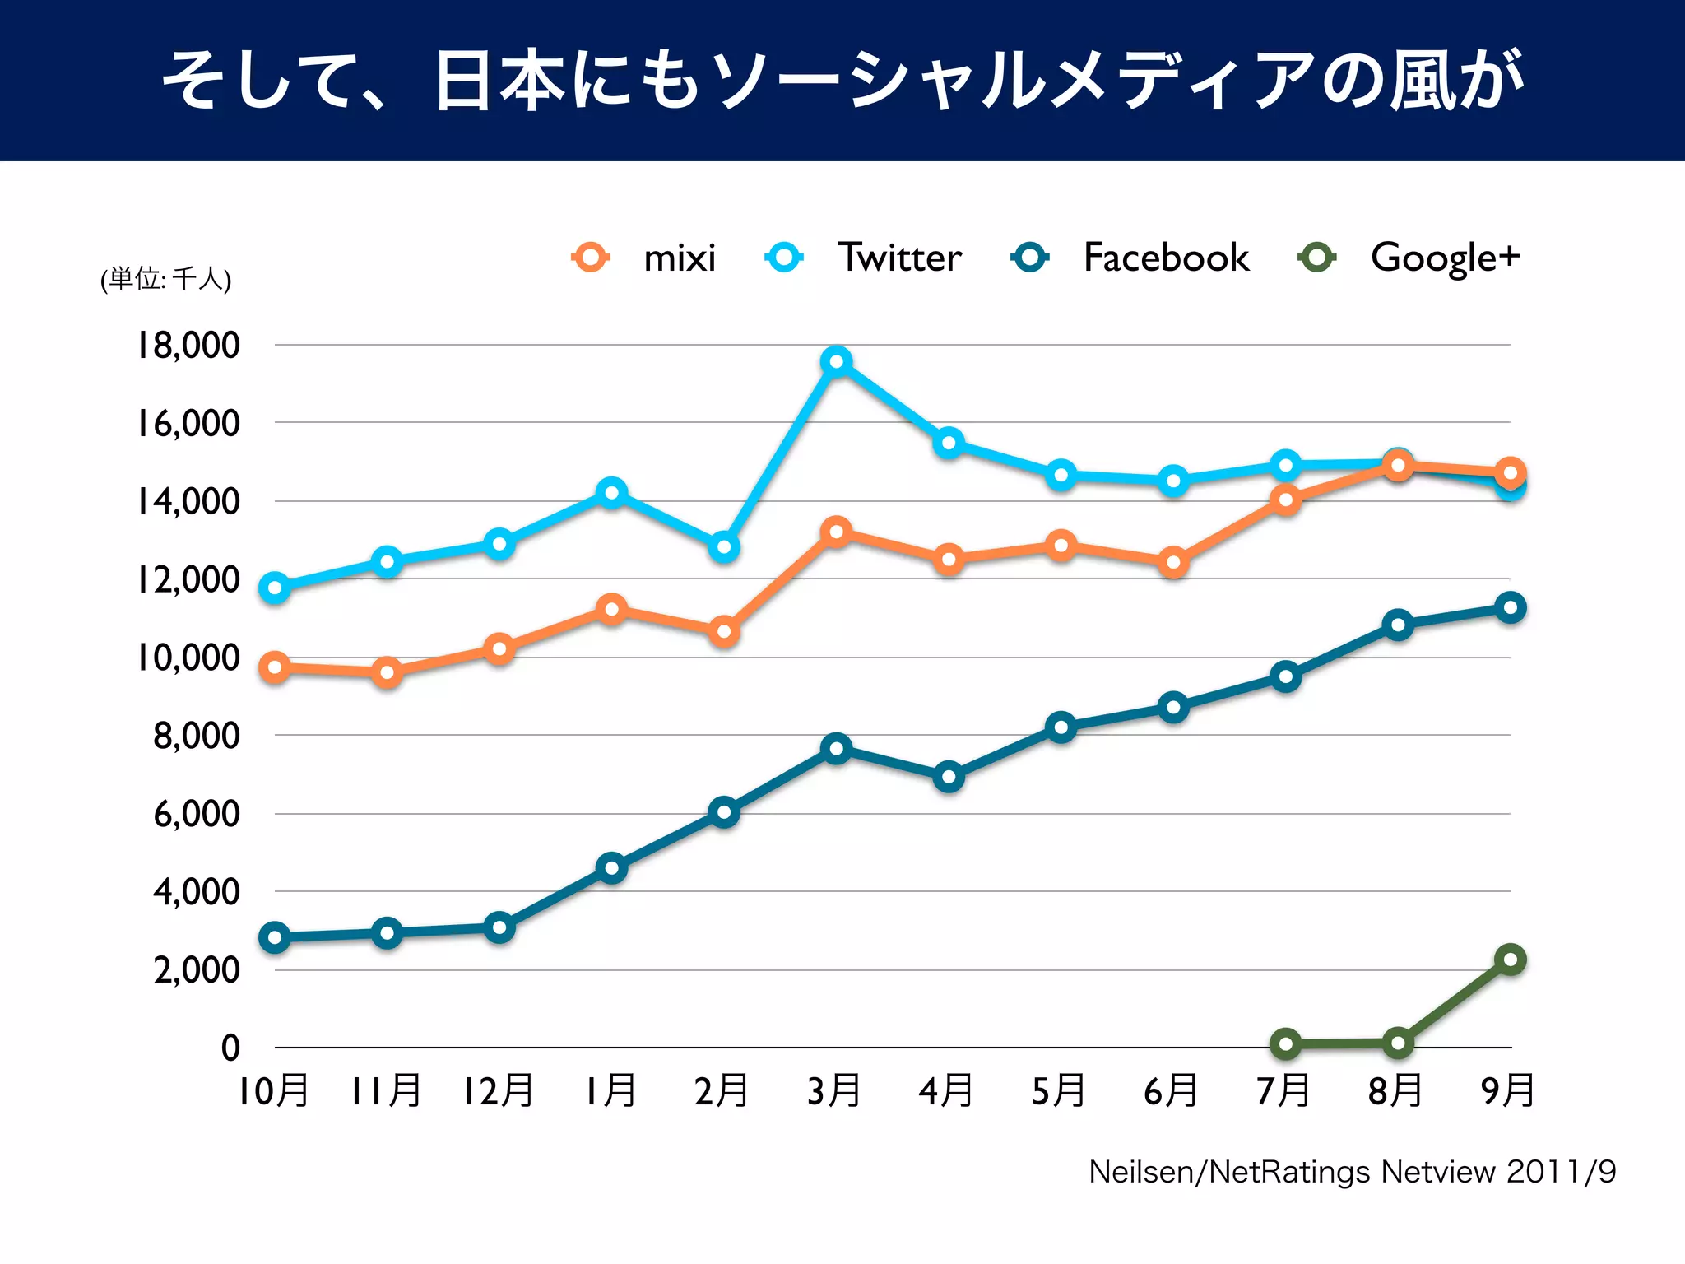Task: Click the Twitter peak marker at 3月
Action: tap(836, 361)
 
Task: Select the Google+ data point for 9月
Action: tap(1510, 960)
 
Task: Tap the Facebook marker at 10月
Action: tap(275, 937)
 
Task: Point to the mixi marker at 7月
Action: tap(1285, 500)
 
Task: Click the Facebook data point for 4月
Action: tap(949, 777)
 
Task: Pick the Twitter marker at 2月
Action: tap(724, 546)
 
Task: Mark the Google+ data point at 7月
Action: tap(1285, 1044)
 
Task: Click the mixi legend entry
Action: tap(679, 258)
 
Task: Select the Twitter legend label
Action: tap(899, 258)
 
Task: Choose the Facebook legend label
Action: tap(1166, 258)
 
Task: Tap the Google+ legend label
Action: tap(1445, 258)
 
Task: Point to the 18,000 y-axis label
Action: tap(188, 345)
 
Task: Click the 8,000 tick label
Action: tap(197, 735)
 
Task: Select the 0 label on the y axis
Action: tap(230, 1048)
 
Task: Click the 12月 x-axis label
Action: tap(498, 1091)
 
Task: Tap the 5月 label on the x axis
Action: tap(1059, 1091)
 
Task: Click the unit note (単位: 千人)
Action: tap(166, 279)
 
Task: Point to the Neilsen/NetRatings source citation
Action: tap(1352, 1172)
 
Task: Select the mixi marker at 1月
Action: tap(611, 610)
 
